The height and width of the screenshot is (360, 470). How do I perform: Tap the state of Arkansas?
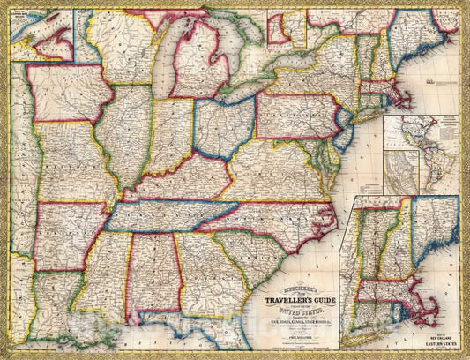62,233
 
